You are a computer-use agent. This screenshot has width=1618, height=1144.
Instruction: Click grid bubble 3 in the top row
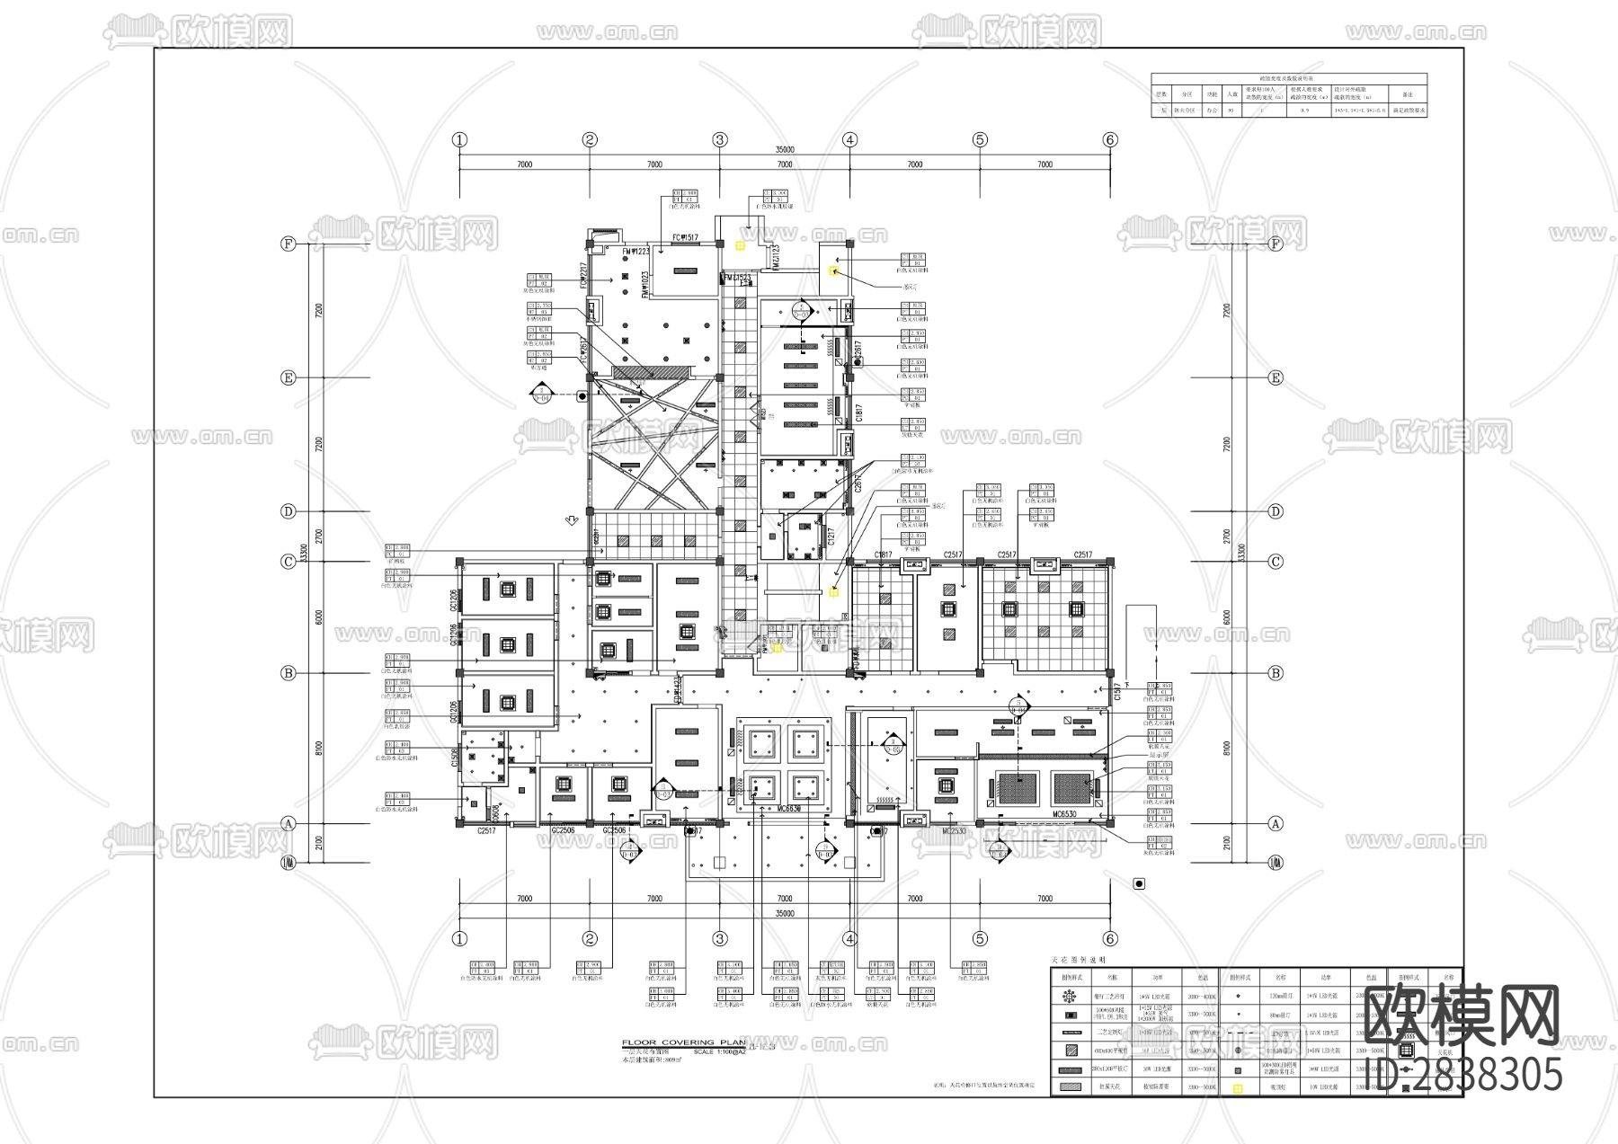720,139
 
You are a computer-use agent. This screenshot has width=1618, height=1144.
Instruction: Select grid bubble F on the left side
289,244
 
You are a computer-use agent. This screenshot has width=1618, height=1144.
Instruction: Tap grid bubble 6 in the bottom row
1110,939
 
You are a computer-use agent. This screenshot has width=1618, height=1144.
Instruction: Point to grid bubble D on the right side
1276,511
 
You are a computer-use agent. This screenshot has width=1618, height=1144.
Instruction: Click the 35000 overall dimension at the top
785,150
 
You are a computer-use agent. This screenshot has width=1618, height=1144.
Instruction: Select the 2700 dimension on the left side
319,537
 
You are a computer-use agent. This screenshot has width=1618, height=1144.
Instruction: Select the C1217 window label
831,537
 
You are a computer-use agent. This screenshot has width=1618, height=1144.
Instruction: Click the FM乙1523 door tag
736,279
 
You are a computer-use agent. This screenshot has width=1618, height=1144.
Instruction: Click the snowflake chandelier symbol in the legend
1070,996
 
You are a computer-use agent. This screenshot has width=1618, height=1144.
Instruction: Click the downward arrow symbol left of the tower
571,519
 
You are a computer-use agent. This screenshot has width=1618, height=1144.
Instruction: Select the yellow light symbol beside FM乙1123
740,244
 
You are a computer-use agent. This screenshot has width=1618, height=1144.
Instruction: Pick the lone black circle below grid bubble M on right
1140,883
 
